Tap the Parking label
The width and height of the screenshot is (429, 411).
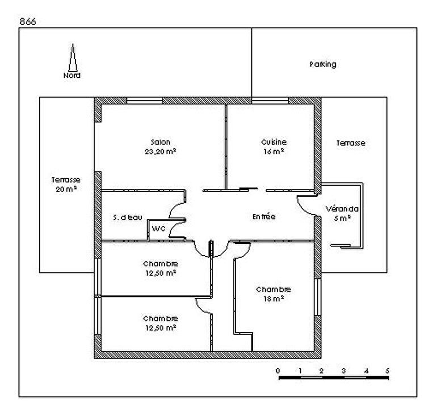(323, 64)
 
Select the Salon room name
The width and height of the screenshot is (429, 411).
(160, 142)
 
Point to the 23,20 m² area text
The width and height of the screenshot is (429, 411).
(160, 152)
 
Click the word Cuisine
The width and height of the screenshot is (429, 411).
(274, 142)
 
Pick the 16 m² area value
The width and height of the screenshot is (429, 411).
(273, 152)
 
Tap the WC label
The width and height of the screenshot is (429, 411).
(158, 229)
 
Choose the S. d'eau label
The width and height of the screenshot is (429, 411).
(127, 217)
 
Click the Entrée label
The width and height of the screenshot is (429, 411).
(264, 217)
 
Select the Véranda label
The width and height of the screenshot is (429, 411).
(342, 209)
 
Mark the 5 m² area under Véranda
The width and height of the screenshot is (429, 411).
(342, 218)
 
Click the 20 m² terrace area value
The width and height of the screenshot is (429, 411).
(66, 189)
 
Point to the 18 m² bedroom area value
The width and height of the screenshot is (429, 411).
(273, 299)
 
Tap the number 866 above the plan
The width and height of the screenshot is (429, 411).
(28, 21)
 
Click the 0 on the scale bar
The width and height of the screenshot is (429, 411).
(278, 371)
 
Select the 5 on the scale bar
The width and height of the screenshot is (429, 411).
(387, 371)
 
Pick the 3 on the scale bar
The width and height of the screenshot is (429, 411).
(343, 371)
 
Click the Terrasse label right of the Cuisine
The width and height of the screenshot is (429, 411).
(351, 143)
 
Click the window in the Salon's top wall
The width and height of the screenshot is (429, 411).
(145, 101)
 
